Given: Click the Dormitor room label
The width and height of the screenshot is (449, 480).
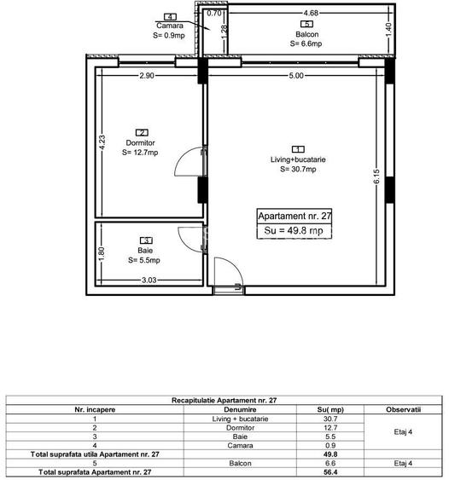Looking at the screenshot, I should [143, 142].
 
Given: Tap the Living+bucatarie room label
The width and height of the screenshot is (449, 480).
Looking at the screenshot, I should [297, 159].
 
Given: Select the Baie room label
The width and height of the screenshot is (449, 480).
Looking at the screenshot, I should [147, 250].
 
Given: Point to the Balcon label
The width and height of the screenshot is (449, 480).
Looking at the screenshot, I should [307, 35].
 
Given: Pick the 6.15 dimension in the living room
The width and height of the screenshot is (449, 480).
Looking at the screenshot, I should [375, 180].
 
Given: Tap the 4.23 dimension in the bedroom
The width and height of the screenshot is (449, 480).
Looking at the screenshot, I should [102, 143].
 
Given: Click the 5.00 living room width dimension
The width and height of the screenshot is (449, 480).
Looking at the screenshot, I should [294, 76].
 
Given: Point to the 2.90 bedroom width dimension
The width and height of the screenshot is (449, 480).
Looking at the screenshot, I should [148, 76].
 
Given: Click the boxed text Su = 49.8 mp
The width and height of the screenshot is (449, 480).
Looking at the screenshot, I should [294, 231].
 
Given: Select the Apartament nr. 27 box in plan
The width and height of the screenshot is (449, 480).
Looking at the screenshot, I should [294, 217].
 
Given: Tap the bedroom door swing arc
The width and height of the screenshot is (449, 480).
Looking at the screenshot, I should [185, 166].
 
